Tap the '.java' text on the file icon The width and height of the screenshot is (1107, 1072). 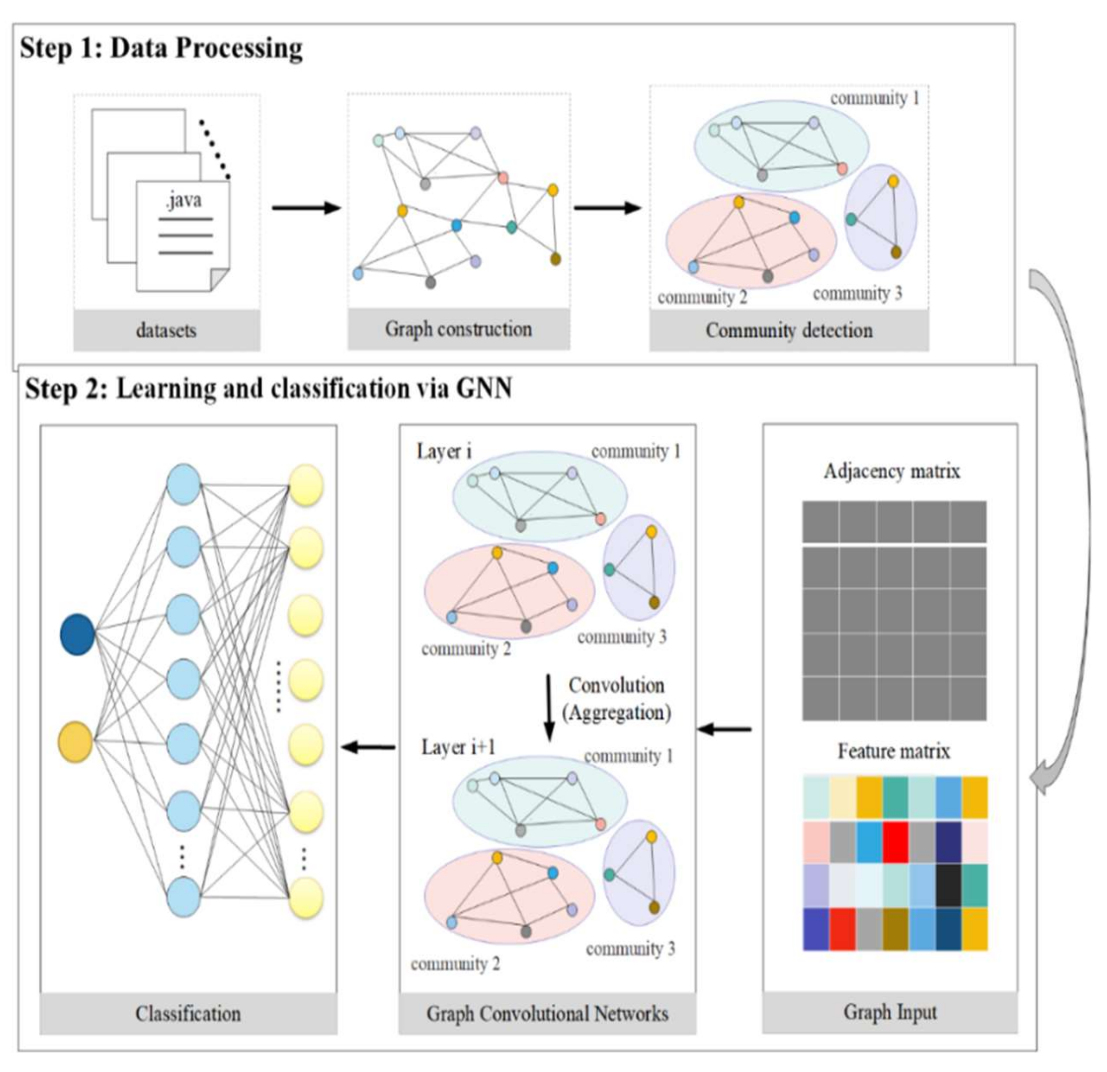[x=183, y=200]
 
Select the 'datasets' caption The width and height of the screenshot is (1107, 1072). [x=166, y=331]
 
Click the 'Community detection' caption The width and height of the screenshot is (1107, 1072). [x=788, y=331]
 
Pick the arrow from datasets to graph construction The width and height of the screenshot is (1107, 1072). [x=307, y=208]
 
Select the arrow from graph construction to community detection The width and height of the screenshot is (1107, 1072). [x=608, y=208]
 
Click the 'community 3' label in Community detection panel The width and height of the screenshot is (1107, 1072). [x=857, y=294]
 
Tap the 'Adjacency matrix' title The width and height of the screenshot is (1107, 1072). [x=892, y=471]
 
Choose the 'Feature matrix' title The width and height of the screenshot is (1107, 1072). [x=894, y=751]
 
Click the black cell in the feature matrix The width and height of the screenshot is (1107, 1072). [x=948, y=885]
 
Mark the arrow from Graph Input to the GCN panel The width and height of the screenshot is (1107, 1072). [x=725, y=729]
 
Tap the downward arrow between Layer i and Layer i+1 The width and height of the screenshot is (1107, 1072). [x=548, y=708]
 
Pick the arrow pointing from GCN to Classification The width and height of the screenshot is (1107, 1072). [x=368, y=747]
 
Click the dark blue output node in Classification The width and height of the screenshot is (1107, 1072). [x=77, y=634]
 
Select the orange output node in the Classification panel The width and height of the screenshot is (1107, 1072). [x=76, y=741]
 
